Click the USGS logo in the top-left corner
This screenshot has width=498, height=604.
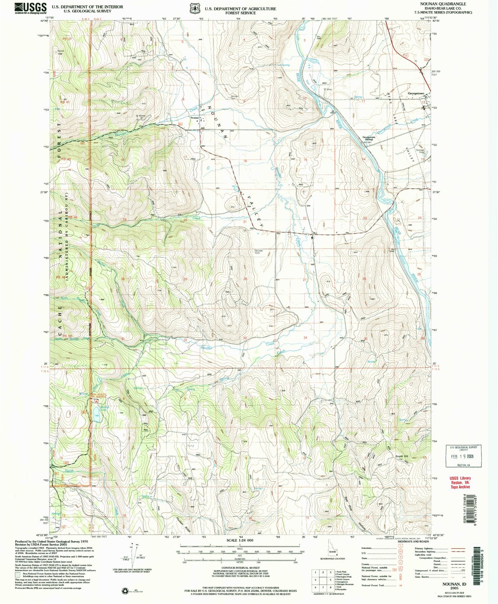31,8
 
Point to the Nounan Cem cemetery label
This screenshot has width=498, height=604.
259,252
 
